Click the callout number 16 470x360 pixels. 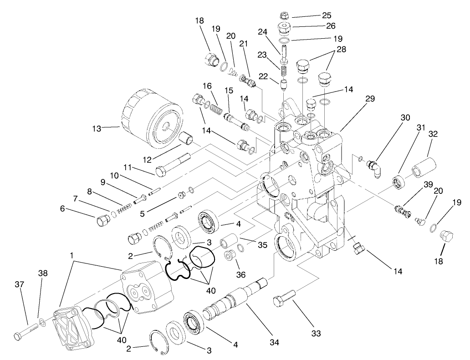point(207,86)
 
